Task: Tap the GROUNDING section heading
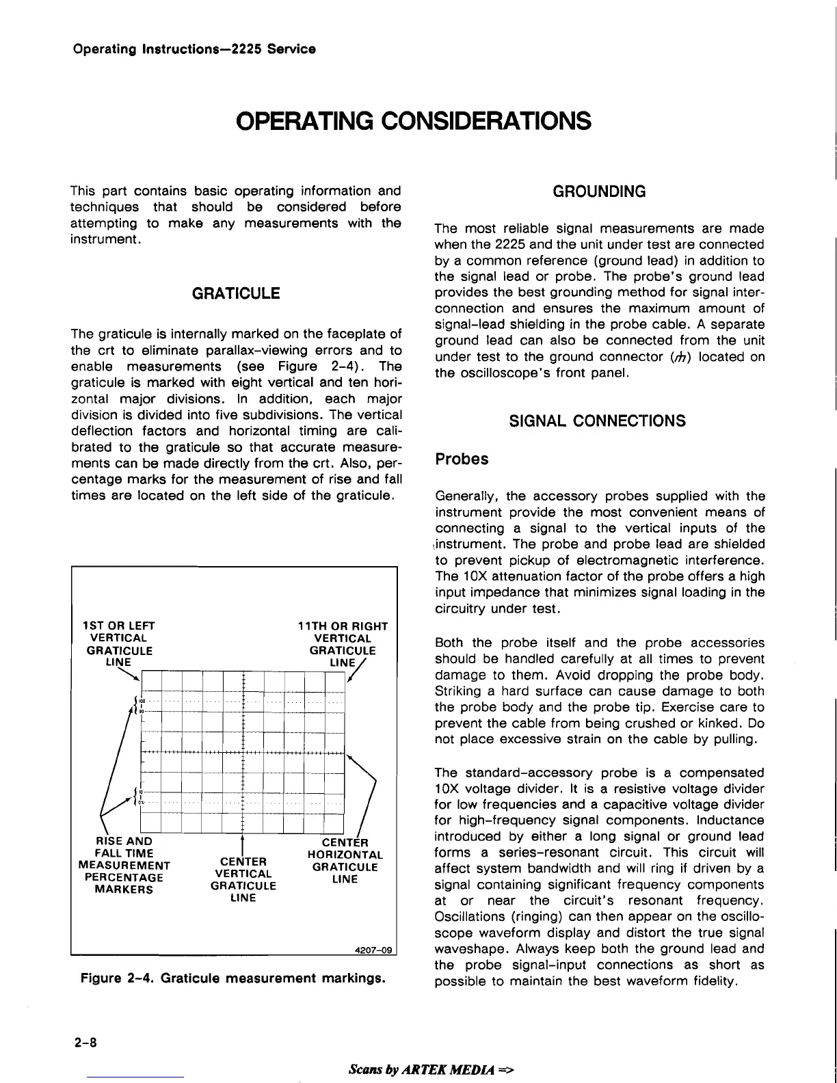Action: (599, 191)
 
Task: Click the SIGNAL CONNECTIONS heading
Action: (598, 420)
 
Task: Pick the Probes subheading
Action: (462, 459)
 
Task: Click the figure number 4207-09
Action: (375, 950)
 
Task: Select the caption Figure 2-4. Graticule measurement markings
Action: (232, 978)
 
